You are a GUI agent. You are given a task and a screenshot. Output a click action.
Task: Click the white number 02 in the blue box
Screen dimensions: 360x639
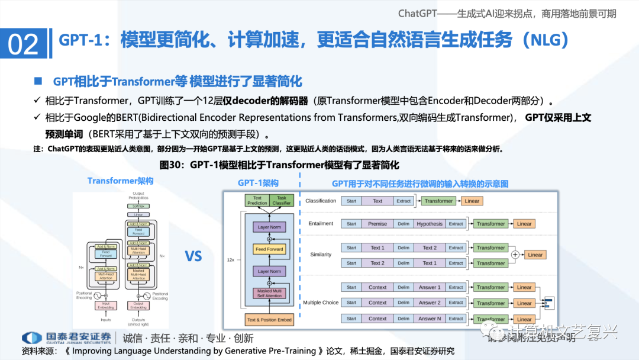pos(24,44)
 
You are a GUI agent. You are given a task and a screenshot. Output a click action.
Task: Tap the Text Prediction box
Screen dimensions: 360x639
pos(257,201)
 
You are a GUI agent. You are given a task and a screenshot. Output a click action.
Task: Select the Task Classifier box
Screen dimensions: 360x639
pos(281,201)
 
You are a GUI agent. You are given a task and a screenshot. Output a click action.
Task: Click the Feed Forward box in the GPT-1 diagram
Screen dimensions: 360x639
pos(269,249)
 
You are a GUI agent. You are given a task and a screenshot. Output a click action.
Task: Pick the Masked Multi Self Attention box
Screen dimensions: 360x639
pos(269,292)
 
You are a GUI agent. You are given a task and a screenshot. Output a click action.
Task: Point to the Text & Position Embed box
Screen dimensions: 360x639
pos(269,320)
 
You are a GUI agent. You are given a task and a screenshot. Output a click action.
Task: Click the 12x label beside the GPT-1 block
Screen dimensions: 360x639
pos(231,259)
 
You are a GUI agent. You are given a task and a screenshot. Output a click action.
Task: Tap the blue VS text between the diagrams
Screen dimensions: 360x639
pos(193,256)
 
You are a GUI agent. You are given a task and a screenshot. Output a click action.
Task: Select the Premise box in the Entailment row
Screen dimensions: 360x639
pos(377,224)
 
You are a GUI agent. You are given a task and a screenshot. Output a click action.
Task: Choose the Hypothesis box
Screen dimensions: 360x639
pos(429,224)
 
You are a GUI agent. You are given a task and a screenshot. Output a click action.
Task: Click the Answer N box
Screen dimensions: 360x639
pos(430,319)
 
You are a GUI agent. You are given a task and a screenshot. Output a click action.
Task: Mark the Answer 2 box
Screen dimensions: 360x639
pos(430,303)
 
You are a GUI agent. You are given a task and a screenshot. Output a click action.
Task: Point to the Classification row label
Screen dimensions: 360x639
pos(321,201)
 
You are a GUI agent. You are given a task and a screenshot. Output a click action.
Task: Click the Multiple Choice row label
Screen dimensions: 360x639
pos(321,303)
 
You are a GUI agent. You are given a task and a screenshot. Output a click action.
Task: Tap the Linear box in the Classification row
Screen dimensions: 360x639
pos(472,201)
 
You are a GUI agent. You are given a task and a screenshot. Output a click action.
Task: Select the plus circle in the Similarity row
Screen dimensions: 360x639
pos(515,255)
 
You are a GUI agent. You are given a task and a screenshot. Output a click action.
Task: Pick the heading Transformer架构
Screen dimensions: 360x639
pos(120,181)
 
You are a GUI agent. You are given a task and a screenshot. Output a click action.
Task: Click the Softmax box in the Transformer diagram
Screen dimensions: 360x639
pos(138,206)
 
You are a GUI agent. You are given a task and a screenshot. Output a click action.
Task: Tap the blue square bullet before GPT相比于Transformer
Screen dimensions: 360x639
pos(38,81)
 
